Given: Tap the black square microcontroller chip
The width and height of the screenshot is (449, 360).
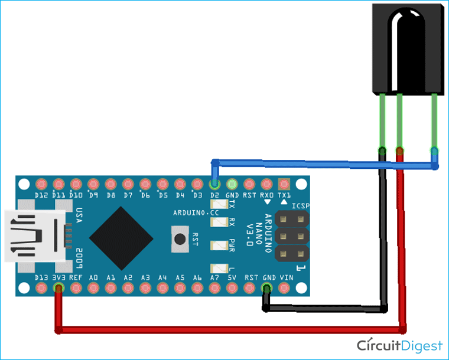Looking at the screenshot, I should (122, 235).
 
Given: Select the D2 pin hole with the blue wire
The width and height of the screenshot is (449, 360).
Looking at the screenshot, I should (214, 184).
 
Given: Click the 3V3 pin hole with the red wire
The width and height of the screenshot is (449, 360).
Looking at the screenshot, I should (58, 288).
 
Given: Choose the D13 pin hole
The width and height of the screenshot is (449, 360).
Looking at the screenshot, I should (41, 288).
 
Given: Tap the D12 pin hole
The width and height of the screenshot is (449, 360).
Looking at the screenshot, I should (41, 184).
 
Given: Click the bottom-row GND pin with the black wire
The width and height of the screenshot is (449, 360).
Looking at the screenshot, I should (267, 288).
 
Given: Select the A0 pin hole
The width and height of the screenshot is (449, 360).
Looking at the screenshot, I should (93, 288).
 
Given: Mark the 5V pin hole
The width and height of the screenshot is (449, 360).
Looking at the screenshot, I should (232, 288).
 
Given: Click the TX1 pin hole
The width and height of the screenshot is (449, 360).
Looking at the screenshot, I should (284, 184).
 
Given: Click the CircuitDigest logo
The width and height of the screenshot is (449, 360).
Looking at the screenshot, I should (399, 345).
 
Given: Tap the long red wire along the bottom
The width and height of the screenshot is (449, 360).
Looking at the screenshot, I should (230, 329).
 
